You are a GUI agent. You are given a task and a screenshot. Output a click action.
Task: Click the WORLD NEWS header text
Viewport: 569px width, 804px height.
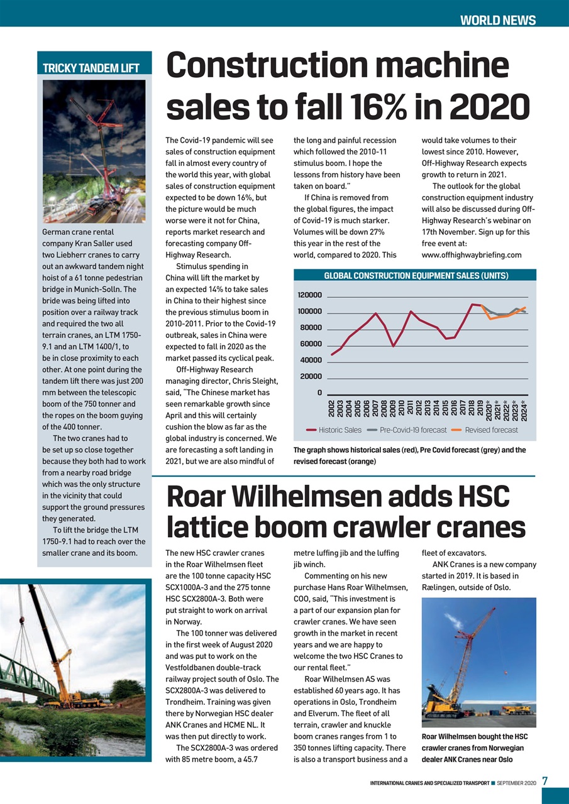tap(497, 20)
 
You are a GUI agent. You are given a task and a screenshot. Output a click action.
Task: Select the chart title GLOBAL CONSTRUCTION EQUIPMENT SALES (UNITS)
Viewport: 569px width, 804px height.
tap(416, 276)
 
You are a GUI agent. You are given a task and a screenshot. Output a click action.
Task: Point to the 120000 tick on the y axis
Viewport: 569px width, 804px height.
tap(309, 295)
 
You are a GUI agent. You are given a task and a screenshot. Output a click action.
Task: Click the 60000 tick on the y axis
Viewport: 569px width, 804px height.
tap(311, 344)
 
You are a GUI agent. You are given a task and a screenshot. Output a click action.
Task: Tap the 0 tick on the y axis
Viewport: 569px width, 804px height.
tap(319, 393)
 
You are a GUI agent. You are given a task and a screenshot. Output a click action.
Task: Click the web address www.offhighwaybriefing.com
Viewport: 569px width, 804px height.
tap(472, 255)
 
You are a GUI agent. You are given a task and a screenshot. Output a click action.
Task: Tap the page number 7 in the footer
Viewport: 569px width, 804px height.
tap(546, 781)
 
